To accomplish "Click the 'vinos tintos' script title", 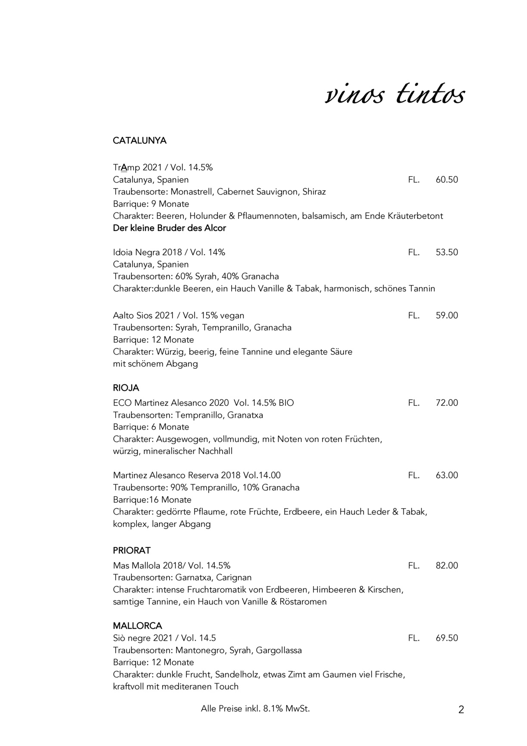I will point(394,95).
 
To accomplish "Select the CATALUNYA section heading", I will point(139,141).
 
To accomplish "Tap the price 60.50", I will point(446,180).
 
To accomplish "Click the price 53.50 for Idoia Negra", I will point(446,252).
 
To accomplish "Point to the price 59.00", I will point(446,315).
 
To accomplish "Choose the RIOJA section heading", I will point(126,388).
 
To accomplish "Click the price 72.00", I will point(446,403).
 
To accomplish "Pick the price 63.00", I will point(446,475).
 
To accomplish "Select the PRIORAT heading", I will point(132,550).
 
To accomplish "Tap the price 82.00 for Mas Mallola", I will point(446,565).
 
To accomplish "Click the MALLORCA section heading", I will point(137,625).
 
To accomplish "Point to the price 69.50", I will point(446,638).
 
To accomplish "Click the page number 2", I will point(461,710).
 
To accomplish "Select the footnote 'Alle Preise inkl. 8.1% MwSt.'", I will point(255,709).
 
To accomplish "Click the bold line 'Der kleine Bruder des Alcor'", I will point(169,228).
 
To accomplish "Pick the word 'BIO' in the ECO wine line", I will point(286,403).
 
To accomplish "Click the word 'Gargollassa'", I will point(279,650).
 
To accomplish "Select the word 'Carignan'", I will point(234,577).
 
